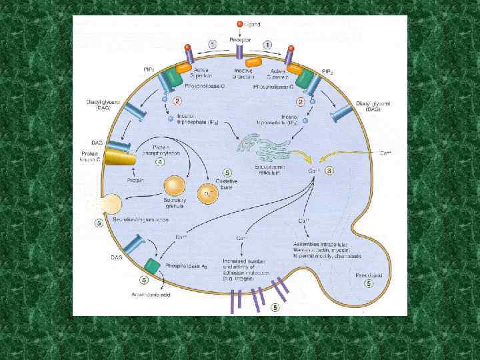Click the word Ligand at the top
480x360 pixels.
pos(253,24)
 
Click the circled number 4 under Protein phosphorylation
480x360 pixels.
pos(160,161)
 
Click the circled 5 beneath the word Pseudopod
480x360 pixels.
pos(368,284)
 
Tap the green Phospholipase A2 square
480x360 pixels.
pos(153,265)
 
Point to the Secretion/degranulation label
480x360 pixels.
pos(141,219)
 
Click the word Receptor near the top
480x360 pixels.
pos(240,40)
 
